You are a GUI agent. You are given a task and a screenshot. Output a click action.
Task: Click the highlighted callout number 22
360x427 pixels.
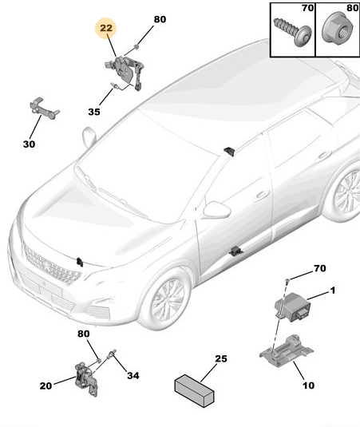(x=106, y=28)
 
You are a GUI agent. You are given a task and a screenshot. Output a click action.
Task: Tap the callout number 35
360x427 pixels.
(x=94, y=112)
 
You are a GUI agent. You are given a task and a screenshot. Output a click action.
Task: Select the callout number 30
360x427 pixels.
(x=30, y=144)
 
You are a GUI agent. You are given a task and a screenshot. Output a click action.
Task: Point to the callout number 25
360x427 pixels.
(x=221, y=358)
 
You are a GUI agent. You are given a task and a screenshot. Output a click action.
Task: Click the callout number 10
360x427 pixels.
(x=308, y=385)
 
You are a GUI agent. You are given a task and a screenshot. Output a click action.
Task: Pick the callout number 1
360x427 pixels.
(x=333, y=291)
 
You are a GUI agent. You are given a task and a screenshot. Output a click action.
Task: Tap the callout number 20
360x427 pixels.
(x=45, y=385)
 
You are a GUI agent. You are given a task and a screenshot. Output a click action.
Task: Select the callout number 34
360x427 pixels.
(x=133, y=376)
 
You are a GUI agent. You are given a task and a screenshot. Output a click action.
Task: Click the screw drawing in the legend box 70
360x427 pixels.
(x=293, y=32)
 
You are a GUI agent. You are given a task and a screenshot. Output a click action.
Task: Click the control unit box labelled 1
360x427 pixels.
(x=293, y=307)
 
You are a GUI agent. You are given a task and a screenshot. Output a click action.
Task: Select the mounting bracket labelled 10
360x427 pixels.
(x=286, y=350)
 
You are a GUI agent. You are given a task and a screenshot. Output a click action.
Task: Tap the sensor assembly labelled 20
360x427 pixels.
(x=86, y=378)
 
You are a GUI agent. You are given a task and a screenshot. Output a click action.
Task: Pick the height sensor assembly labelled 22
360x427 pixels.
(x=125, y=72)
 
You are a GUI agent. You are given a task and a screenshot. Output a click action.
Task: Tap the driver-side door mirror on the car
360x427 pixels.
(x=217, y=210)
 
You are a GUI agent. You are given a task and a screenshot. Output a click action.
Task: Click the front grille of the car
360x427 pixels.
(x=51, y=263)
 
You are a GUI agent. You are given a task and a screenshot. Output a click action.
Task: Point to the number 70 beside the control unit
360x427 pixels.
(x=320, y=268)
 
